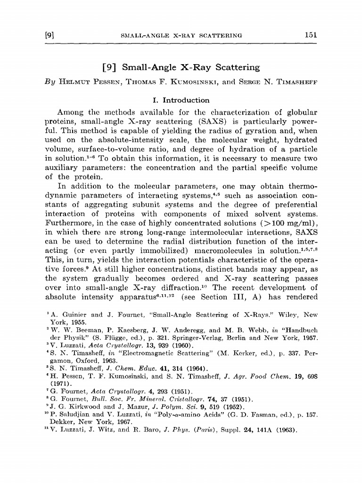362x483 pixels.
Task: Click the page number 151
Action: [x=311, y=34]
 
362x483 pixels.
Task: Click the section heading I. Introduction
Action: [x=179, y=100]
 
